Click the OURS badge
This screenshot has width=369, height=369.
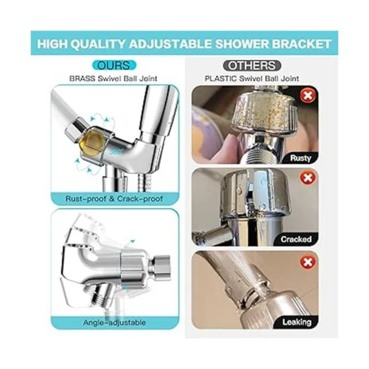(114, 65)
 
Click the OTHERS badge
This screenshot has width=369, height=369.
(252, 65)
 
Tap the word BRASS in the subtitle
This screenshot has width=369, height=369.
(82, 79)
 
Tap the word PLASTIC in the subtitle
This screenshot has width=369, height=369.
(221, 79)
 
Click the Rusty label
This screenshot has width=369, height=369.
(300, 158)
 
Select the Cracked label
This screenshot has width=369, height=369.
(296, 239)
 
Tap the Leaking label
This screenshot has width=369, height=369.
(297, 322)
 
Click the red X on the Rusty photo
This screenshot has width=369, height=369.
(307, 95)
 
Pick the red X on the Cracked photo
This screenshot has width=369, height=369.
(307, 178)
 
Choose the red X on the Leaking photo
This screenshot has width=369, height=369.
(307, 262)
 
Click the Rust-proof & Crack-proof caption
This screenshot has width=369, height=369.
(114, 199)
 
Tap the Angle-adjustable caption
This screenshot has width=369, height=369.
(114, 322)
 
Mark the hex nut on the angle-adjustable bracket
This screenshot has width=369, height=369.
(161, 266)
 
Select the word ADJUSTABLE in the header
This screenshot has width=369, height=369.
(170, 44)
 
